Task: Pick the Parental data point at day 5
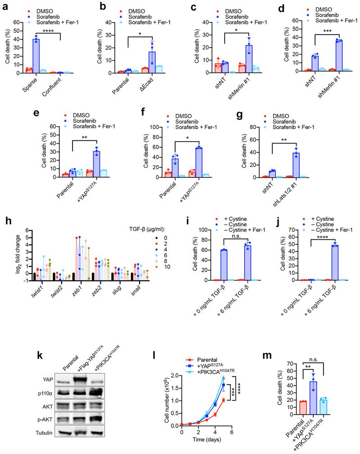pyautogui.click(x=224, y=400)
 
